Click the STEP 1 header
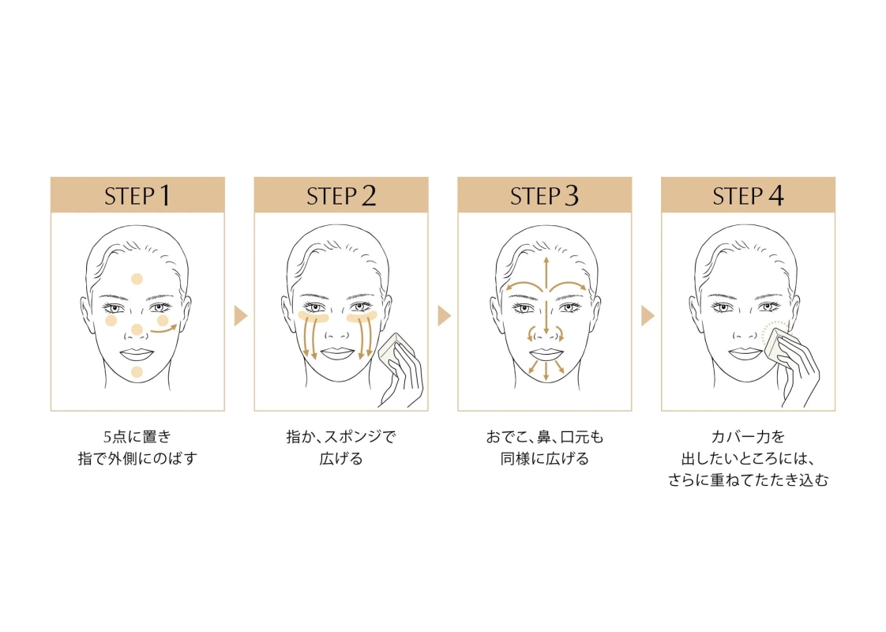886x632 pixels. tap(137, 195)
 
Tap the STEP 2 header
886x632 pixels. tap(340, 195)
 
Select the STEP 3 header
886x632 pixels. tap(544, 195)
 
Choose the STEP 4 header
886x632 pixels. tap(748, 195)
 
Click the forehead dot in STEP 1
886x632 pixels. tap(137, 278)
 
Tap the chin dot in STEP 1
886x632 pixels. tap(137, 371)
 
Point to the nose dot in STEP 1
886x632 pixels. tap(137, 329)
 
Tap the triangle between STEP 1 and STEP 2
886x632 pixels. tap(241, 316)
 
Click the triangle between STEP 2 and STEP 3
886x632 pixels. tap(444, 316)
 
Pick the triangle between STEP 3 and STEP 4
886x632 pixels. tap(648, 316)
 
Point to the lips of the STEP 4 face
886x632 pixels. tap(747, 353)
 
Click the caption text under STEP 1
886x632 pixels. tap(137, 447)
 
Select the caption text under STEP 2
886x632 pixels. tap(340, 447)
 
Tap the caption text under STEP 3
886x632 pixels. tap(544, 447)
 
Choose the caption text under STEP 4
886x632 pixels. tap(748, 457)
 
